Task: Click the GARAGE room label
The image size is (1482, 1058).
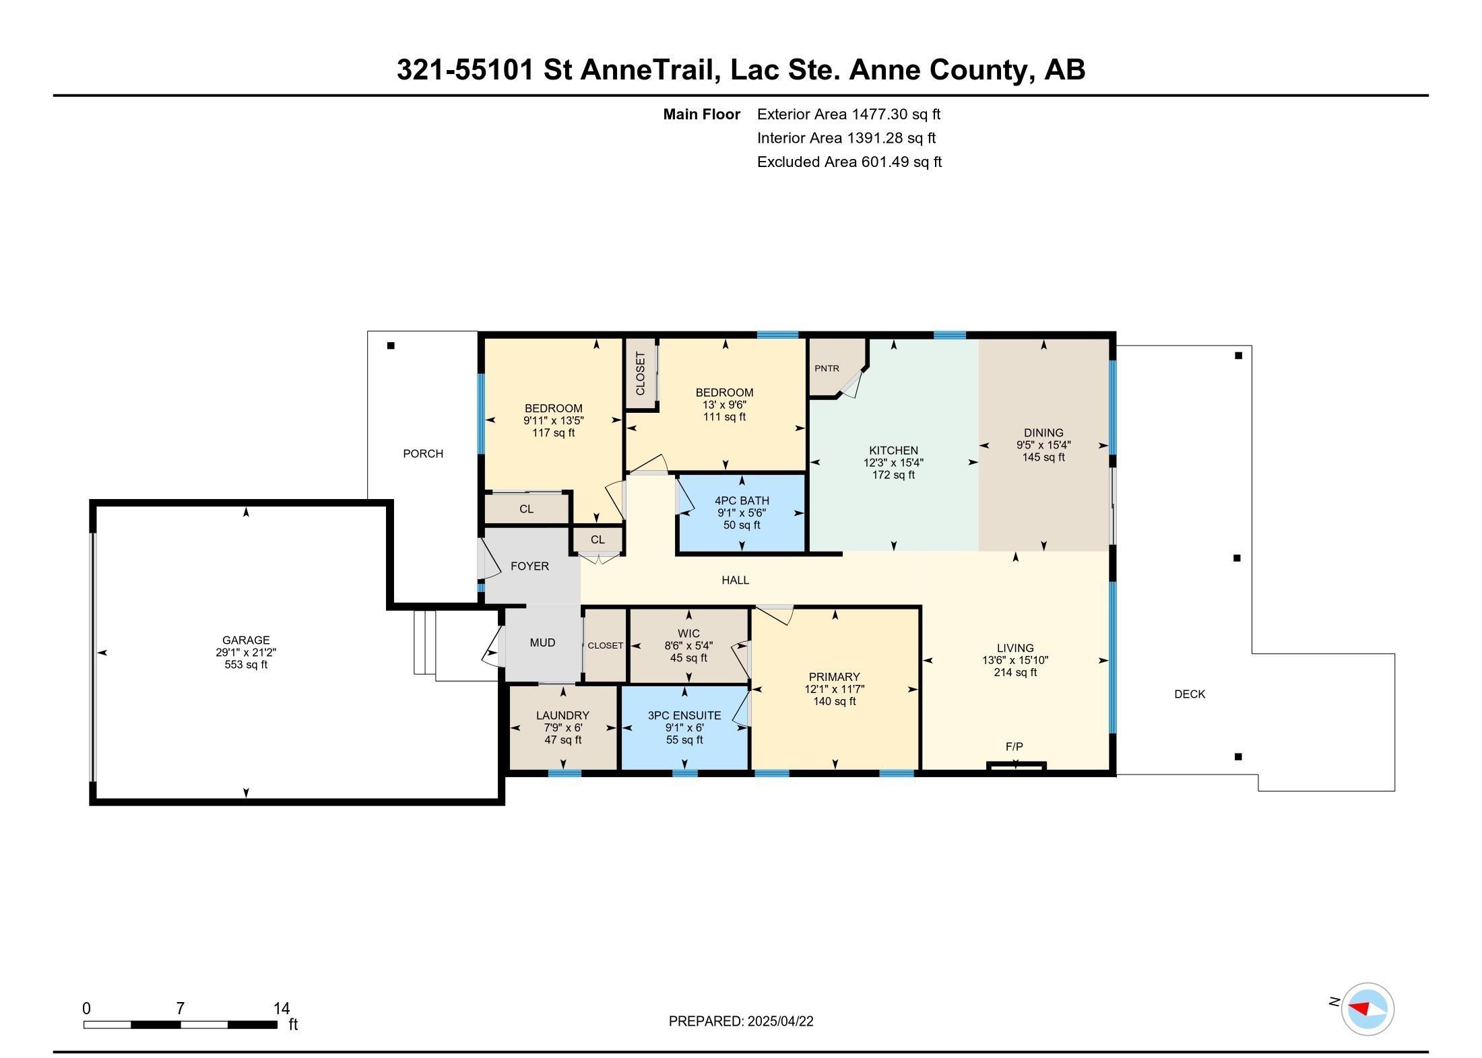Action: pyautogui.click(x=246, y=640)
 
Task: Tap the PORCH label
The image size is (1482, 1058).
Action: pyautogui.click(x=423, y=454)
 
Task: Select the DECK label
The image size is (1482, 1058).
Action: pyautogui.click(x=1190, y=694)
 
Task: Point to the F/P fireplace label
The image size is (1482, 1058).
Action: pyautogui.click(x=1014, y=746)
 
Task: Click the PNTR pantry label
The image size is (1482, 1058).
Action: pyautogui.click(x=827, y=368)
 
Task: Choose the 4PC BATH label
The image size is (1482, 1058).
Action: pyautogui.click(x=742, y=500)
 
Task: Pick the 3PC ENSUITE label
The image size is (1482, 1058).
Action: pyautogui.click(x=684, y=715)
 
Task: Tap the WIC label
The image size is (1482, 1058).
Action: pyautogui.click(x=688, y=634)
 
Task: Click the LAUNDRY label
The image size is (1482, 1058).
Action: pyautogui.click(x=563, y=715)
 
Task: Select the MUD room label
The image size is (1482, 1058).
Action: pyautogui.click(x=542, y=642)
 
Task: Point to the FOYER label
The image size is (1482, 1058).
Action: pyautogui.click(x=529, y=566)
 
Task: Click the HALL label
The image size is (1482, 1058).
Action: pyautogui.click(x=736, y=580)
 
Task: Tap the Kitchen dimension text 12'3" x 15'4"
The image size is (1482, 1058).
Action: pyautogui.click(x=893, y=463)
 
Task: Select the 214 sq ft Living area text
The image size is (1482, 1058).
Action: pyautogui.click(x=1015, y=672)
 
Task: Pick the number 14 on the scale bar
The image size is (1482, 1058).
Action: pyautogui.click(x=282, y=1008)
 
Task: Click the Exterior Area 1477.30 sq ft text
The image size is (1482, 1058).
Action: pyautogui.click(x=849, y=114)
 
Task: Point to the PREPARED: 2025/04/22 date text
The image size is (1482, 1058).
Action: pyautogui.click(x=741, y=1021)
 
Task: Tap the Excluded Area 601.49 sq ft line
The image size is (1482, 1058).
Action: pyautogui.click(x=849, y=162)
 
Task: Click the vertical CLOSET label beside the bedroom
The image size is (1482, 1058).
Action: pyautogui.click(x=641, y=373)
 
